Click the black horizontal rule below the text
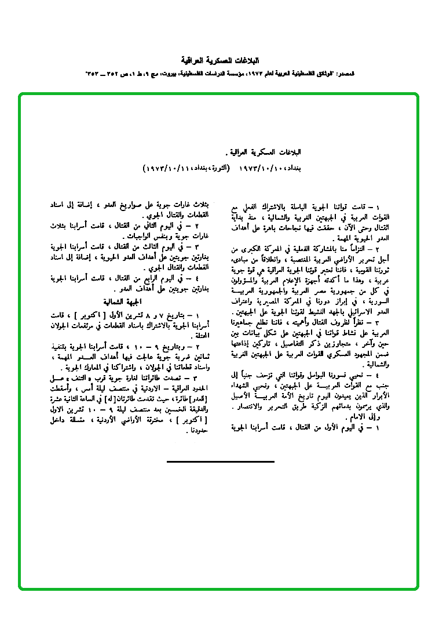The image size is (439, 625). [220, 462]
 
